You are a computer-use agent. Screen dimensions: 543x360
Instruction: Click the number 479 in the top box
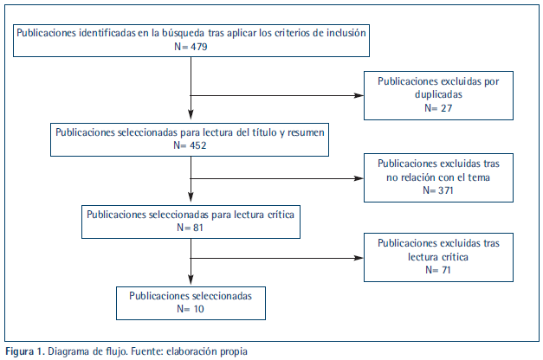pyautogui.click(x=199, y=47)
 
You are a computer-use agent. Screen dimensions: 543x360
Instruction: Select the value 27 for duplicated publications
pyautogui.click(x=446, y=108)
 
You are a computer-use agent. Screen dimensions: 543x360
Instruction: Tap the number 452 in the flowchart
pyautogui.click(x=197, y=145)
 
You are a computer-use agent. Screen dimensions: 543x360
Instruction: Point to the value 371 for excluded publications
pyautogui.click(x=446, y=190)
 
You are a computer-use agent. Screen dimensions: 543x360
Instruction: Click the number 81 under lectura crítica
pyautogui.click(x=197, y=228)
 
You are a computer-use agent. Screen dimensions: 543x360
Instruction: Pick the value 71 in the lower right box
pyautogui.click(x=446, y=270)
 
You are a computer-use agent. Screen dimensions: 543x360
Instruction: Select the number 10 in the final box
pyautogui.click(x=198, y=309)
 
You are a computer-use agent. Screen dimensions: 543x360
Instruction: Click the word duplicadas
pyautogui.click(x=438, y=94)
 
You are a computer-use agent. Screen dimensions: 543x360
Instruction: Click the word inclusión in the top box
pyautogui.click(x=346, y=33)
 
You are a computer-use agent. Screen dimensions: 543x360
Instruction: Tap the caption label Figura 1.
pyautogui.click(x=25, y=351)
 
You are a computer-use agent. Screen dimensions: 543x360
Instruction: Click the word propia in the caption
pyautogui.click(x=235, y=352)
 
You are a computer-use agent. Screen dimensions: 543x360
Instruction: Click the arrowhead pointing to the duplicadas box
pyautogui.click(x=359, y=95)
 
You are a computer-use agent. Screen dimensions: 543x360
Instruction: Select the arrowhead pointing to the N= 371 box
pyautogui.click(x=359, y=178)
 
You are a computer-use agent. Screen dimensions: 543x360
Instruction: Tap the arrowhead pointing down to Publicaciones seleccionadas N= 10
pyautogui.click(x=191, y=280)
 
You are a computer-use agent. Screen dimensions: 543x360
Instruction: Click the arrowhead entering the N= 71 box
pyautogui.click(x=359, y=258)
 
